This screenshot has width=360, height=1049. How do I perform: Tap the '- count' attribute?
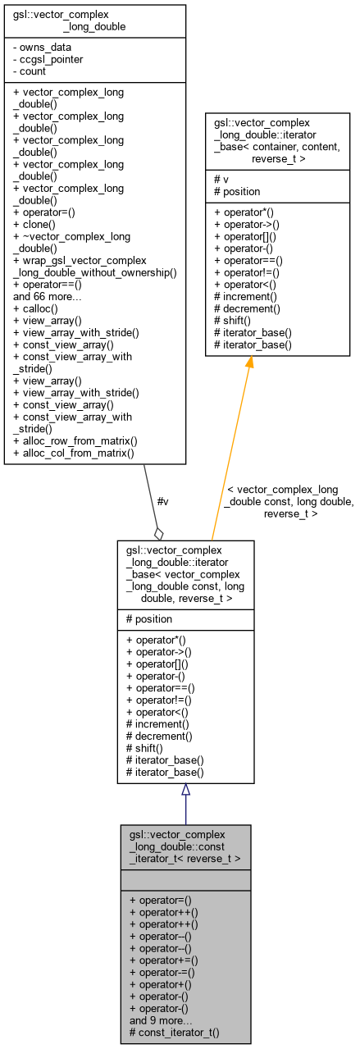point(31,70)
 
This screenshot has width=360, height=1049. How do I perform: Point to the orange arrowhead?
point(248,363)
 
